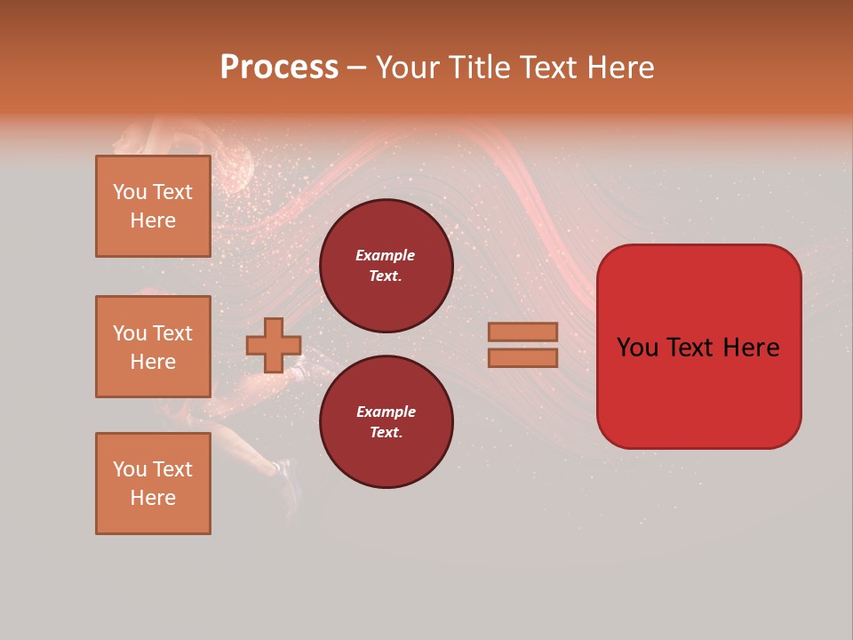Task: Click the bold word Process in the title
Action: coord(279,68)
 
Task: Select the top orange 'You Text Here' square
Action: coord(153,206)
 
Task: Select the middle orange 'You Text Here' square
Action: coord(153,347)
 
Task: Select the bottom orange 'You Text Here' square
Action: coord(153,484)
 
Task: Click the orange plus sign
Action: coord(274,345)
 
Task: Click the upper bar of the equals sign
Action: coord(522,332)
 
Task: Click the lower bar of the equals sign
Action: coord(522,358)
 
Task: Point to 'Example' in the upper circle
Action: coord(386,255)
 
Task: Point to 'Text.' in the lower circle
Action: coord(386,433)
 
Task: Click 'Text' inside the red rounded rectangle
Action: coord(690,348)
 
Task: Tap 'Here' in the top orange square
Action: coord(153,220)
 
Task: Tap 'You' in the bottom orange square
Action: coord(130,469)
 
